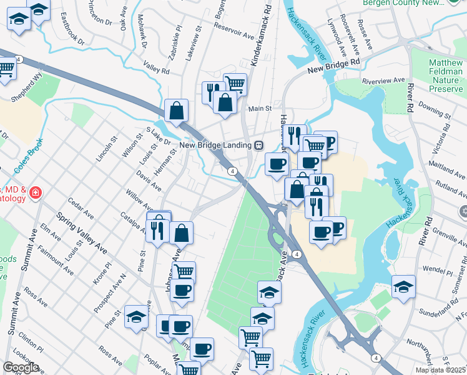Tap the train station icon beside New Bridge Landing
click(x=258, y=145)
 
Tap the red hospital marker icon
click(x=36, y=192)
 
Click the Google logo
click(x=21, y=367)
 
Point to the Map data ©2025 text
click(x=440, y=370)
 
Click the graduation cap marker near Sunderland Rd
click(x=403, y=286)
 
